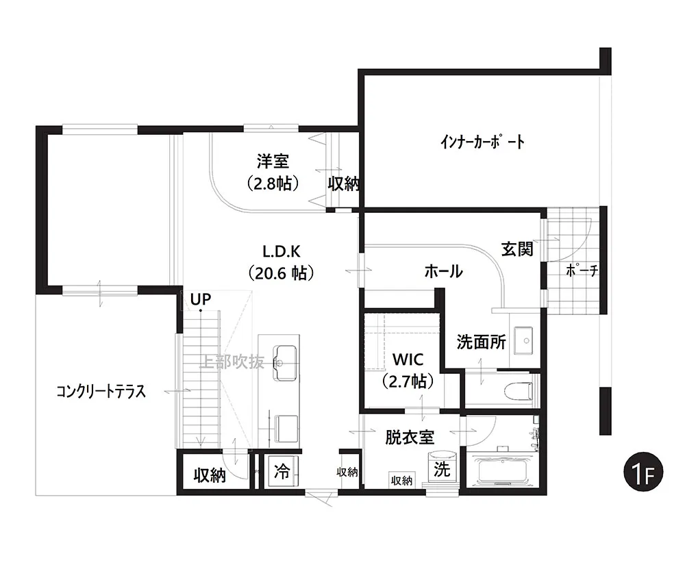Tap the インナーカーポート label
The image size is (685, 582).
point(482,142)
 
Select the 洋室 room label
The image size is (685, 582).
point(273,162)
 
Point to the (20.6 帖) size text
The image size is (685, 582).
point(281,273)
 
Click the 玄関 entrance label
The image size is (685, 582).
point(516,249)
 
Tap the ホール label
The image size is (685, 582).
point(443,272)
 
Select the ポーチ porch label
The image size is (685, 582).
point(582,271)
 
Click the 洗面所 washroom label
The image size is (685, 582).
point(482,342)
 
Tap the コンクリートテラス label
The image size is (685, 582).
point(101,392)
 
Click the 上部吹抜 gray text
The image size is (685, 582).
point(232,362)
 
